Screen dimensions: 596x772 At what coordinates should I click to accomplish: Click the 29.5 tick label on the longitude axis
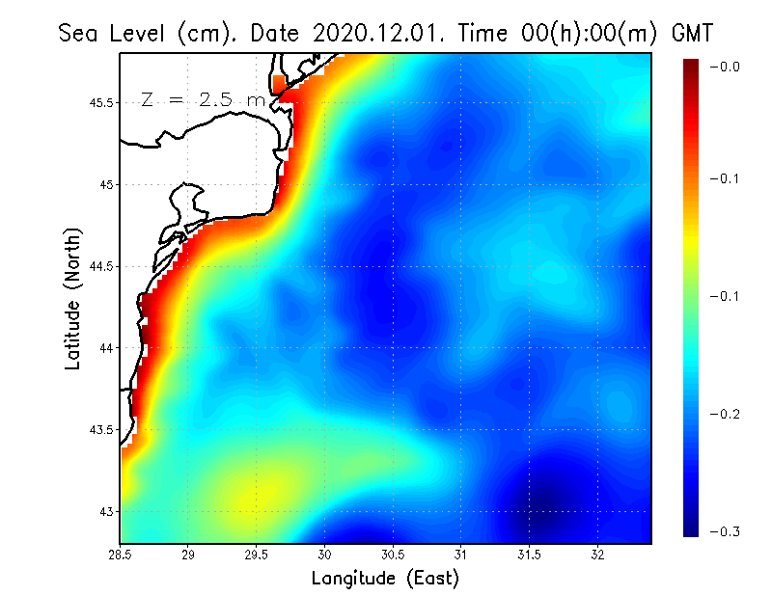(257, 555)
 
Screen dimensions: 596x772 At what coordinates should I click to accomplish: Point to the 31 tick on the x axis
(461, 555)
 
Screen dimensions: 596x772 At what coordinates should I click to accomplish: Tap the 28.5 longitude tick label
(121, 555)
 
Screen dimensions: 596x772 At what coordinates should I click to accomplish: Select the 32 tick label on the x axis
(597, 555)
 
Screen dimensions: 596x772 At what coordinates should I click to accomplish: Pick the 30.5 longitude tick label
(393, 555)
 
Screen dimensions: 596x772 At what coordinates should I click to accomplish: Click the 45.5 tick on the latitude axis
(99, 102)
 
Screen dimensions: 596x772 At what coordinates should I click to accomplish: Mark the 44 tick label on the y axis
(105, 347)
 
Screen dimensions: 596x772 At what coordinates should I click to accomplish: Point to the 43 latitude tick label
(105, 511)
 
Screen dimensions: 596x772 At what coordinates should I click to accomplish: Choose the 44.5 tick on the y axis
(99, 266)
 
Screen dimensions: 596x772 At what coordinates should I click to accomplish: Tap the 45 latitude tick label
(105, 184)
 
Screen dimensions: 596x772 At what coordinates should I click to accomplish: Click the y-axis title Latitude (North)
(72, 298)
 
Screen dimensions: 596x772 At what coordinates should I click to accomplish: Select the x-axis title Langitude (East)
(385, 579)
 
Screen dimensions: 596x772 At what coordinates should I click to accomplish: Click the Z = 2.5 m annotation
(204, 99)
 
